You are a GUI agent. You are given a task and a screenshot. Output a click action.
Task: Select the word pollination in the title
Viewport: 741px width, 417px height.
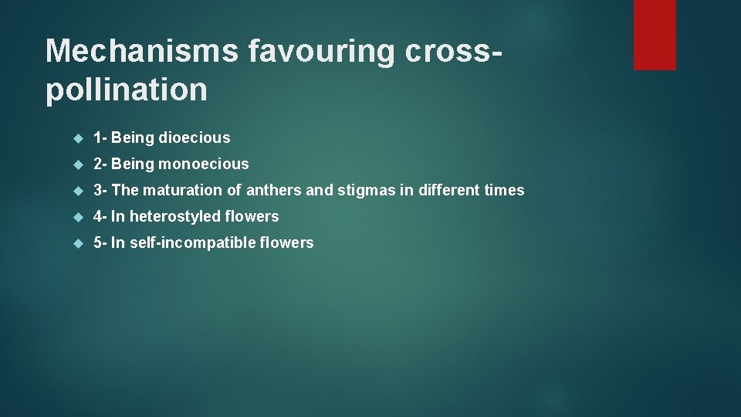pos(127,90)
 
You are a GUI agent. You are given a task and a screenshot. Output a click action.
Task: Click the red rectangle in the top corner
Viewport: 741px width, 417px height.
pos(655,35)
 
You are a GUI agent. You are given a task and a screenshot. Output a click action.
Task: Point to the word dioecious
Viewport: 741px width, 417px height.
pos(194,137)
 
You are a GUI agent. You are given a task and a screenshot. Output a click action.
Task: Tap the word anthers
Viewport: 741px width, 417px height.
pos(274,190)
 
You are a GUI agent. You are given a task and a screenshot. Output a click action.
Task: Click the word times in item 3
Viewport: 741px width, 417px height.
pos(504,190)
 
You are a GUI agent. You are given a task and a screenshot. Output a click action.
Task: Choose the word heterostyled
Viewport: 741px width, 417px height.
pos(175,216)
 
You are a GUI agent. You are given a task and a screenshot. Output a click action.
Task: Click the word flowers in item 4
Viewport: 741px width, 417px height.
pos(252,216)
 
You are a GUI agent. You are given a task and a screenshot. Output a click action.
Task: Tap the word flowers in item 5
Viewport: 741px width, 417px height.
pos(286,242)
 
